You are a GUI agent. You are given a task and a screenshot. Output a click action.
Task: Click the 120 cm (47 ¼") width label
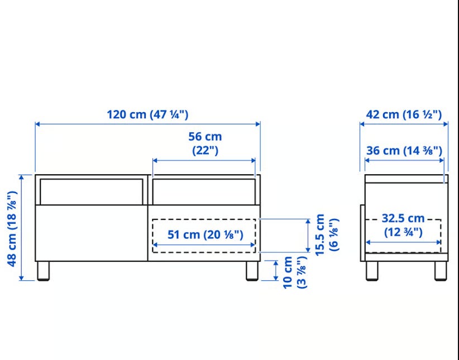[147, 114]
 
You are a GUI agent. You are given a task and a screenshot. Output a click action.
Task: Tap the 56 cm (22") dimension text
[205, 143]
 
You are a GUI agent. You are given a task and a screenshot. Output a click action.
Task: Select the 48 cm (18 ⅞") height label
[12, 229]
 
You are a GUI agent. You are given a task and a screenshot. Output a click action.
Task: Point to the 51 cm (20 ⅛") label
[205, 235]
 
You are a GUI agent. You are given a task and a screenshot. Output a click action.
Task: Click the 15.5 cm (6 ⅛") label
[327, 235]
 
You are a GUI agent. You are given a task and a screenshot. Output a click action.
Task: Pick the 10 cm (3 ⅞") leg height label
[295, 272]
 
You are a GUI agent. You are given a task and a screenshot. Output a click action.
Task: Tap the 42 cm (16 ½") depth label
[404, 114]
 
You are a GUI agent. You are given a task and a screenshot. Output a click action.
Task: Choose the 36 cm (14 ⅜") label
[404, 151]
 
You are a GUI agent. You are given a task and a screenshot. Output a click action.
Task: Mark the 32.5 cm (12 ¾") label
[403, 225]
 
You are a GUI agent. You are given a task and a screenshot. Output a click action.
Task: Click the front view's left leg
[44, 271]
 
